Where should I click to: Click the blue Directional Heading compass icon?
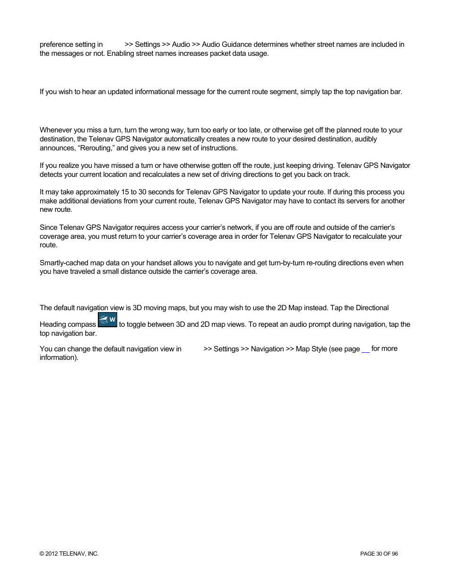[x=107, y=320]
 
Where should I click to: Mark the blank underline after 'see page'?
[x=365, y=350]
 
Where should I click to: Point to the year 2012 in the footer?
[x=52, y=554]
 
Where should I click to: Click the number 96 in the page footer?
[x=395, y=554]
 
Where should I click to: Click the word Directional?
[x=372, y=308]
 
